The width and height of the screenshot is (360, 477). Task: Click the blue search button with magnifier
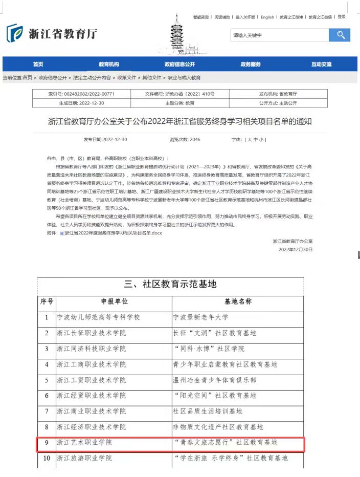click(340, 35)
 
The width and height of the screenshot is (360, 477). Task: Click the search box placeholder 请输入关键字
click(251, 36)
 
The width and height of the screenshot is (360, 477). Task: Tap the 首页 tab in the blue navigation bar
click(38, 64)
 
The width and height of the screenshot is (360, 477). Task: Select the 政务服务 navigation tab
click(251, 64)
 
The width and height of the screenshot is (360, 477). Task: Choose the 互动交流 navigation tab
click(321, 64)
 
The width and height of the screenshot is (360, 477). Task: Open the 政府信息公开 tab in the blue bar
click(179, 64)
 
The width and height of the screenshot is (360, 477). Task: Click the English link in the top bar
click(267, 17)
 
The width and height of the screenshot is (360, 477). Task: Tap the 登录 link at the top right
click(342, 17)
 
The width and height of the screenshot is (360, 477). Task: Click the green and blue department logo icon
click(14, 33)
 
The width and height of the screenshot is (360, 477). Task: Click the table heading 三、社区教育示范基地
click(171, 284)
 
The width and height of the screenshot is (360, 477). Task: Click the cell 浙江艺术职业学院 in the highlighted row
click(84, 442)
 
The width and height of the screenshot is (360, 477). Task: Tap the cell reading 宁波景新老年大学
click(201, 317)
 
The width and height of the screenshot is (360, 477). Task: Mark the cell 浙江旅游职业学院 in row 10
click(84, 458)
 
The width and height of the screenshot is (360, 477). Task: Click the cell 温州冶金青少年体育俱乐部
click(215, 380)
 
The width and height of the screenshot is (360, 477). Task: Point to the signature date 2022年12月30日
click(295, 250)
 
